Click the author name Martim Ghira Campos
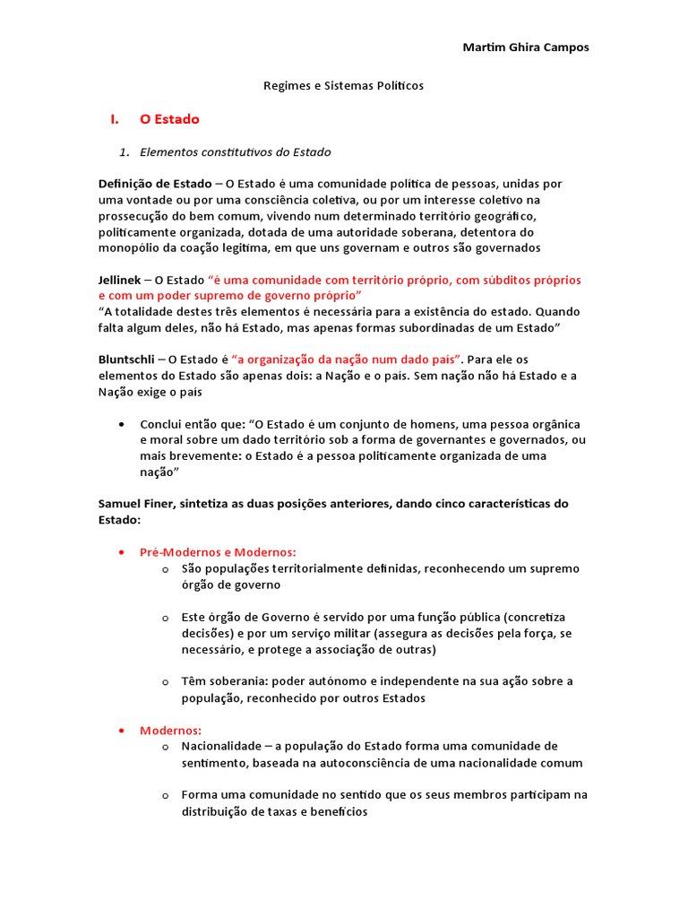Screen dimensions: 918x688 (x=525, y=48)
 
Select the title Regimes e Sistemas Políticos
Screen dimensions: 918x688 (x=343, y=86)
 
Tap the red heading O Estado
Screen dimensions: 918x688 (x=169, y=119)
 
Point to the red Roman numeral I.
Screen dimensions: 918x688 (x=114, y=119)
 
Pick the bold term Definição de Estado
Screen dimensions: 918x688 (x=155, y=184)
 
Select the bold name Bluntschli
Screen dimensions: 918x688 (x=128, y=359)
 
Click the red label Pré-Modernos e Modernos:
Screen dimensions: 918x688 (x=218, y=552)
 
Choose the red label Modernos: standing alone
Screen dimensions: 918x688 (x=170, y=730)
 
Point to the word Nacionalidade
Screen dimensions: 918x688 (x=222, y=746)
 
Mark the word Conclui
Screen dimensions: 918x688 (x=161, y=424)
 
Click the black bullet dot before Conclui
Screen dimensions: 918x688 (x=121, y=424)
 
